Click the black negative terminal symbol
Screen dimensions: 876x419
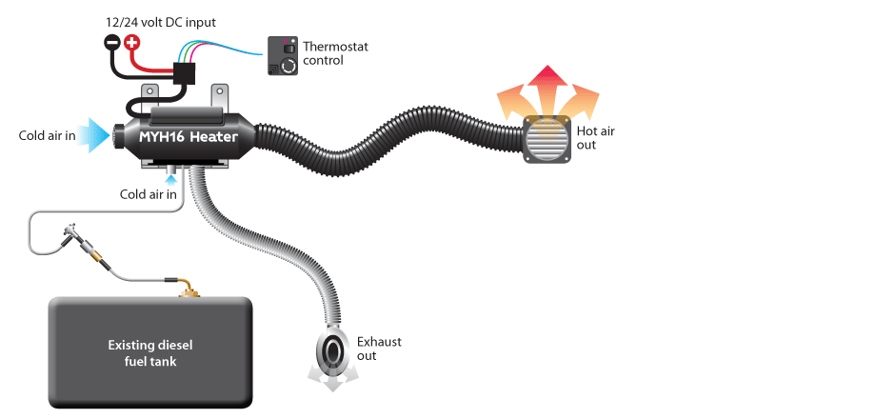pos(113,42)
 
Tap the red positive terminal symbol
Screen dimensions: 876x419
pos(131,42)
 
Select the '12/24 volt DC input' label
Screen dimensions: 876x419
pos(161,23)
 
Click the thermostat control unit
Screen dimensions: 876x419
pos(283,56)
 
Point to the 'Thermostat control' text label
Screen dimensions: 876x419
pos(335,53)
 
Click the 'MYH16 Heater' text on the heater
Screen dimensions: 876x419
pos(189,137)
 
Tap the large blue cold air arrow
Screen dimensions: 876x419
pos(92,135)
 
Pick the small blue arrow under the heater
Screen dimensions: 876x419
pos(171,180)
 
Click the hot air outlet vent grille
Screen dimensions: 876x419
pos(547,139)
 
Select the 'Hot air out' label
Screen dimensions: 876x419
pos(595,138)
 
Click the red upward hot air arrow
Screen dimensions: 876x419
pos(548,87)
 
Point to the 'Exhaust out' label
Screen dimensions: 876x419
pos(379,349)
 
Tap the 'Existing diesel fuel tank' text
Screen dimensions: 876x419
pos(149,353)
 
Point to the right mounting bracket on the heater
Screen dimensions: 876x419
pos(221,98)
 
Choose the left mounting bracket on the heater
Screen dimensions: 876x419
pos(149,98)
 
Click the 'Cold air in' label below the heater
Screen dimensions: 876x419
pos(149,194)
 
